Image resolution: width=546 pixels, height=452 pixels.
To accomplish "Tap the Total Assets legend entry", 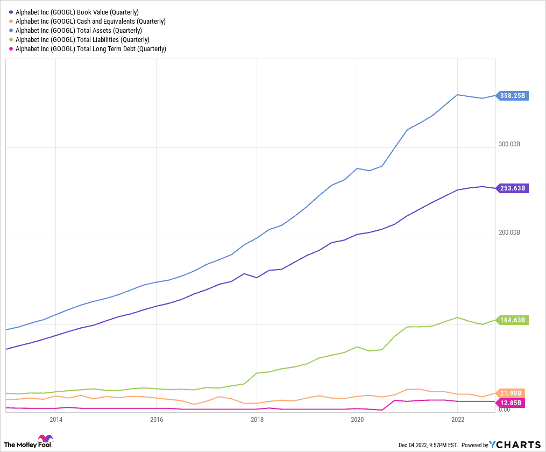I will point(79,30).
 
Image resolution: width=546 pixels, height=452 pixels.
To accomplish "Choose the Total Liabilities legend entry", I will point(82,39).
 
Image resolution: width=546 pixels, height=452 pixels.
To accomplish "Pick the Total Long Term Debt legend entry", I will point(91,48).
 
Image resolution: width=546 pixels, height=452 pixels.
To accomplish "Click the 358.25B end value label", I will point(513,96).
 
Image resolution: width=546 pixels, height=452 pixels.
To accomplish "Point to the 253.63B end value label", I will point(513,188).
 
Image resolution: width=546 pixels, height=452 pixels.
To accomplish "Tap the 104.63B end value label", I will point(513,320).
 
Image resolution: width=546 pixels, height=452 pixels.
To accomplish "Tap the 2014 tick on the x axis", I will point(55,419).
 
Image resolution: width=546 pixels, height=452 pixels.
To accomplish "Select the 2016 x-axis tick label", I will point(156,419).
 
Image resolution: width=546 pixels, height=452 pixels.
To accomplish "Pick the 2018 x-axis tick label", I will point(257,419).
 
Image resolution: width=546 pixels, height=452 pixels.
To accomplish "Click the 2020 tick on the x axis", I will point(357,419).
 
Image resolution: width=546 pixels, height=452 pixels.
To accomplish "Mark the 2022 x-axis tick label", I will point(457,419).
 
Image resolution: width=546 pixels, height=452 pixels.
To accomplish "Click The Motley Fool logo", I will point(29,442).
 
